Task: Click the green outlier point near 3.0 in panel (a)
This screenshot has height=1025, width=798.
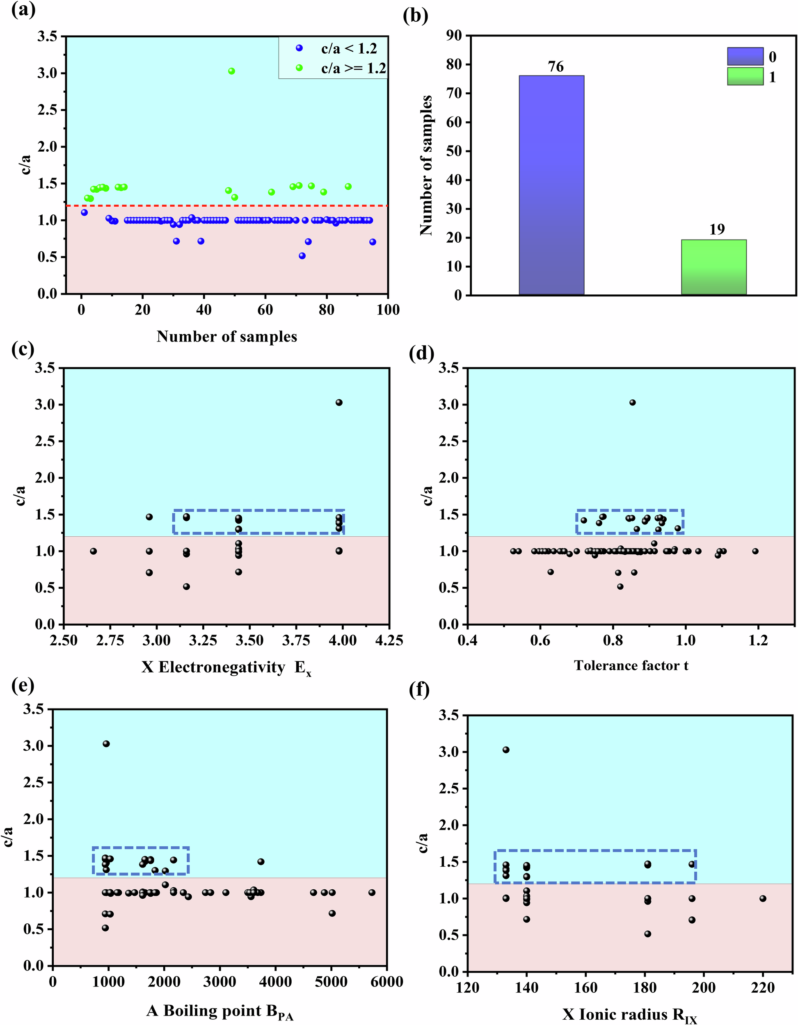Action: click(x=231, y=71)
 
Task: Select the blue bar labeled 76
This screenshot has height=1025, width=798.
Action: click(x=551, y=185)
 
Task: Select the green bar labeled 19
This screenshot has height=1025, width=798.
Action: click(x=713, y=267)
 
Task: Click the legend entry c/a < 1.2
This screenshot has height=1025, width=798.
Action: click(x=348, y=48)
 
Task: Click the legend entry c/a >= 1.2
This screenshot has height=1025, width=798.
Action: click(x=353, y=68)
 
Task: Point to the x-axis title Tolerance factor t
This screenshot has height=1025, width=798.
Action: click(x=631, y=665)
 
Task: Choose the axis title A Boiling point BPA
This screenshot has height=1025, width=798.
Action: click(x=220, y=1011)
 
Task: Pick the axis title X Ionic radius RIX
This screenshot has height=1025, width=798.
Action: click(x=629, y=1015)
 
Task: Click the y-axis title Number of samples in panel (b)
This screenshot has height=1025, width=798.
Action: click(x=425, y=165)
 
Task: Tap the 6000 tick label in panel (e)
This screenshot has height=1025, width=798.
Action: click(x=386, y=982)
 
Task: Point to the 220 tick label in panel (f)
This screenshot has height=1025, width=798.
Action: click(x=762, y=987)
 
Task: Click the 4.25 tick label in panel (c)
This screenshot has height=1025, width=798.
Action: click(x=389, y=640)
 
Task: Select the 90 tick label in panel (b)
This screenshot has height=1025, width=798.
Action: click(x=454, y=35)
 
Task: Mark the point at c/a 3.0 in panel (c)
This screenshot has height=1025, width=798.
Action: click(x=338, y=403)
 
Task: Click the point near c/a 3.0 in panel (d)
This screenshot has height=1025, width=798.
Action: click(x=632, y=403)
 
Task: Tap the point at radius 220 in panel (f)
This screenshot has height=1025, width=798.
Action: click(x=762, y=899)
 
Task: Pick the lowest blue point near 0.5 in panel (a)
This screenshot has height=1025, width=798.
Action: click(x=302, y=256)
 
